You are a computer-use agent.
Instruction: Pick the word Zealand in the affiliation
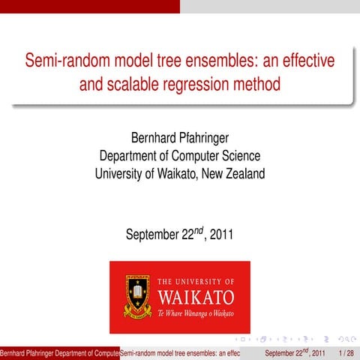241,173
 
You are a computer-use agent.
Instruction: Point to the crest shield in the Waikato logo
137,295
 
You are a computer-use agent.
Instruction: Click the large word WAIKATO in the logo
196,295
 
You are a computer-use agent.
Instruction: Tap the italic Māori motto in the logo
196,312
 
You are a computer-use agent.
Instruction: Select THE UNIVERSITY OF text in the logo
196,280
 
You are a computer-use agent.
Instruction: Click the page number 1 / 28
346,352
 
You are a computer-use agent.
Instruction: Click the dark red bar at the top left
90,6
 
